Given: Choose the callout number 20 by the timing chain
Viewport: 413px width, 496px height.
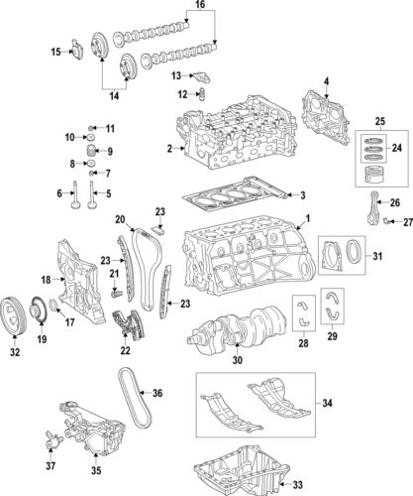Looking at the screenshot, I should [120, 219].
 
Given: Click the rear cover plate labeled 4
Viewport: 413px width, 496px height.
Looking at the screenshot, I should [317, 109].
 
